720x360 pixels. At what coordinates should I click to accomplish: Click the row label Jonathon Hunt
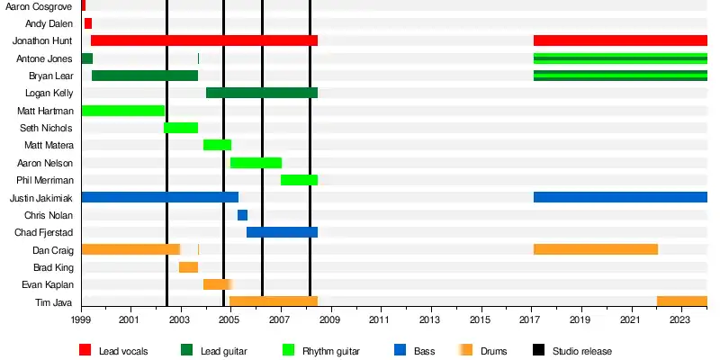coord(42,40)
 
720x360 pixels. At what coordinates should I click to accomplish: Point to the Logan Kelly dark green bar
coord(261,93)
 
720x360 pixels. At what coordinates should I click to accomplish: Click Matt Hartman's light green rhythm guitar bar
coord(122,111)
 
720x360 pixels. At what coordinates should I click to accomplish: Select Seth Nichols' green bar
coord(181,128)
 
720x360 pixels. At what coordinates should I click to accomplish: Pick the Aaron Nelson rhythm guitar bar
coord(256,163)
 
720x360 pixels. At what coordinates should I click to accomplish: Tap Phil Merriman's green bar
coord(299,180)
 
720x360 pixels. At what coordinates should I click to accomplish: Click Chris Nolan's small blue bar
coord(242,215)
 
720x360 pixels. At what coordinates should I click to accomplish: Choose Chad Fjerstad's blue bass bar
coord(282,232)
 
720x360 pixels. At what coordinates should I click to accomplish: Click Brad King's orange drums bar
coord(188,267)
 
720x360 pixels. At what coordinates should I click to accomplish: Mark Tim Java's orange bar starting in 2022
coord(681,301)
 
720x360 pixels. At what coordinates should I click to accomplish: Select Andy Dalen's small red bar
coord(87,23)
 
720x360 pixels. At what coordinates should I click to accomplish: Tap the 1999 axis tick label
coord(81,319)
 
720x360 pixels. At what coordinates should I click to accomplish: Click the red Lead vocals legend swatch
coord(85,350)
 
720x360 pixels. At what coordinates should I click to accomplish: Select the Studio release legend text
coord(582,351)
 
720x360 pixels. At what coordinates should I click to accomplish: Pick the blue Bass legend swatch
coord(400,350)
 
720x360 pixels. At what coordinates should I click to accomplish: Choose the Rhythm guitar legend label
coord(332,351)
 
